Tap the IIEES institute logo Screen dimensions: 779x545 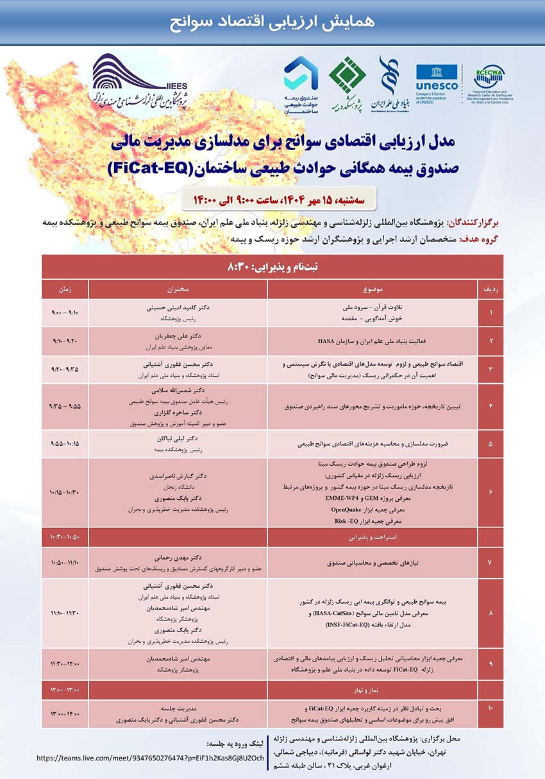coord(138,80)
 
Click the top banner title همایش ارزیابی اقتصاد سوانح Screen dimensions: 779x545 coord(272,21)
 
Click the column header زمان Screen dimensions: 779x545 coord(65,289)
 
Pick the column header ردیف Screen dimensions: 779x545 coord(491,289)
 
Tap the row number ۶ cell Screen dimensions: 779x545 coord(491,492)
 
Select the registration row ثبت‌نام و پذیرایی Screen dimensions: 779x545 coord(272,266)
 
